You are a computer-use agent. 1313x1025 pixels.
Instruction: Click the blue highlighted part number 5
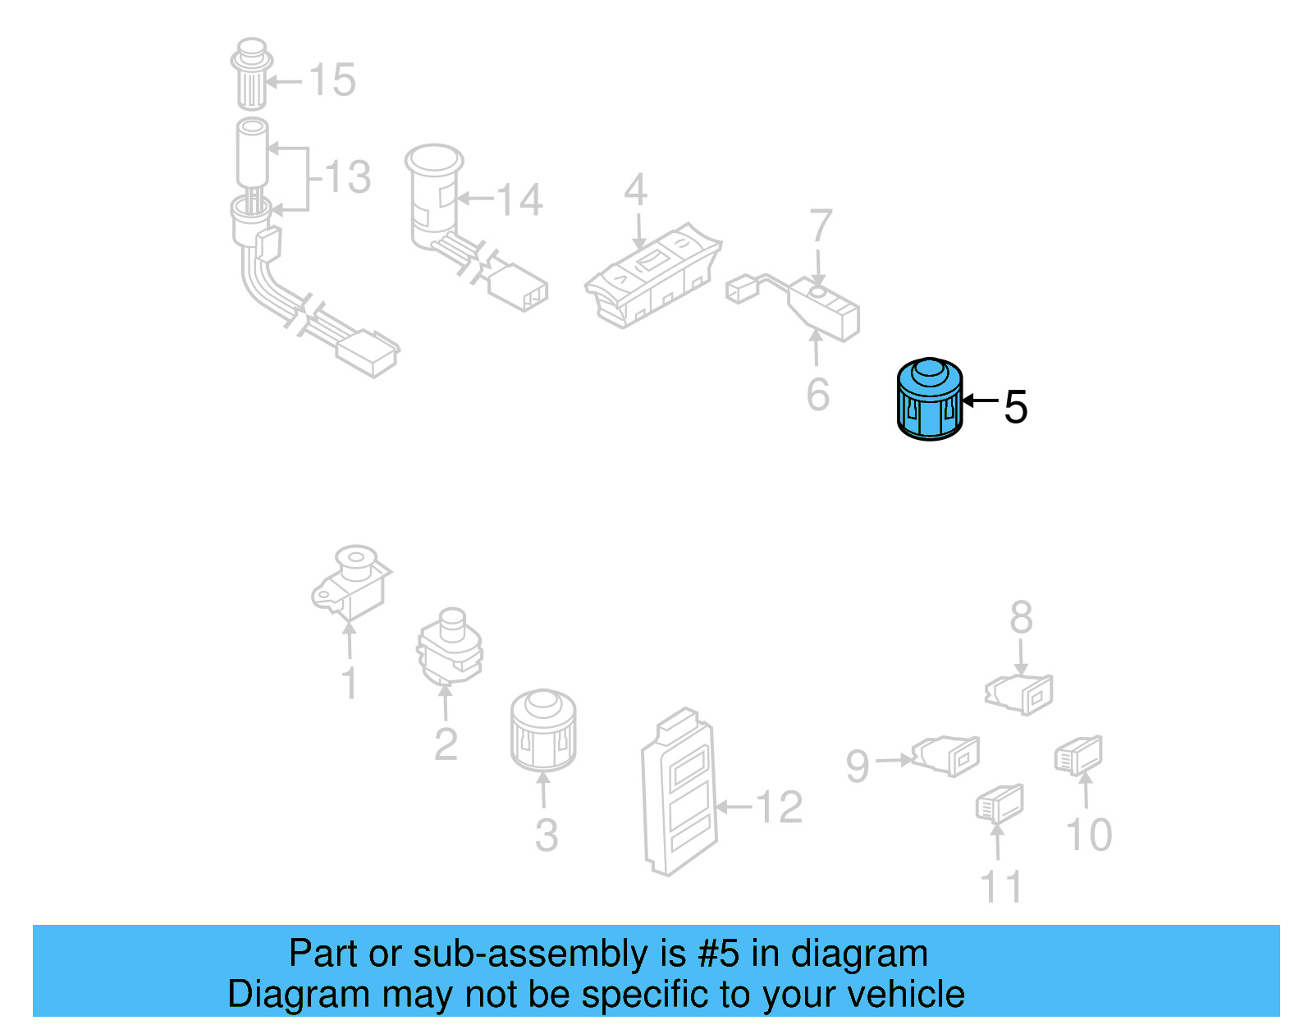click(929, 400)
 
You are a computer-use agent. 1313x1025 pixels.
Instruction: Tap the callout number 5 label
click(1015, 407)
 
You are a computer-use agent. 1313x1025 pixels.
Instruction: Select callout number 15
click(332, 80)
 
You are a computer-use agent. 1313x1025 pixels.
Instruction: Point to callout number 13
click(348, 177)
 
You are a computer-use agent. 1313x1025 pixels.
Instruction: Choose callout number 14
click(519, 200)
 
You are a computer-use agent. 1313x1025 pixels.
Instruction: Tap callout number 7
click(821, 227)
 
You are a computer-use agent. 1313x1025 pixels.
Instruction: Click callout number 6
click(817, 395)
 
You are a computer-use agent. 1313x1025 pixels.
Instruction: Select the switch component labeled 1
click(351, 582)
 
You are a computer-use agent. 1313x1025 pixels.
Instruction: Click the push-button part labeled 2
click(449, 646)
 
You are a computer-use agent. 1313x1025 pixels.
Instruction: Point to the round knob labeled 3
click(542, 730)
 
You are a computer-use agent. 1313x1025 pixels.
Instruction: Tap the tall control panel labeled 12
click(679, 792)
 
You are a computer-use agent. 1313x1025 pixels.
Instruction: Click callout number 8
click(1021, 617)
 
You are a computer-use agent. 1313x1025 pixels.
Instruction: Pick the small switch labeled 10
click(1078, 755)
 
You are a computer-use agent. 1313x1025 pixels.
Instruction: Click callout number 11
click(1001, 887)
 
